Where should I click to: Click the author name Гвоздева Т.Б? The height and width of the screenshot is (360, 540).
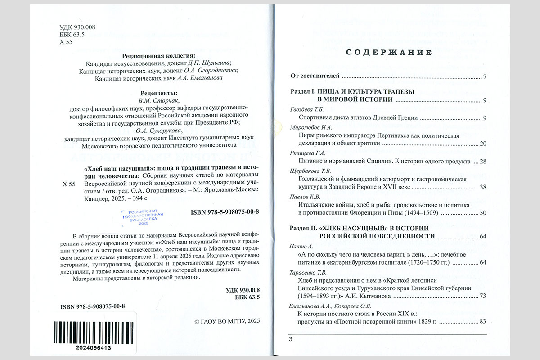coord(307,110)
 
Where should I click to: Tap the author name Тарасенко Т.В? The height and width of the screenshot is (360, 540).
coord(309,273)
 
